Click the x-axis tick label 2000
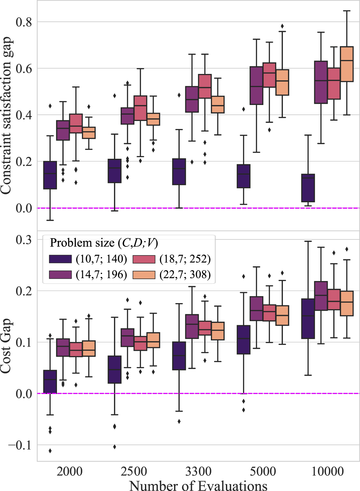(x=69, y=471)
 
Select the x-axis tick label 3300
(x=198, y=471)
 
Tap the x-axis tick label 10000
(x=327, y=471)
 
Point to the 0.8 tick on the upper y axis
(x=24, y=22)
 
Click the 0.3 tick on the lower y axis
(x=24, y=240)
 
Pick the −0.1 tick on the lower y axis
(x=20, y=445)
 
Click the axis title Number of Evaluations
(x=198, y=485)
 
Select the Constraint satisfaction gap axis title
(x=6, y=115)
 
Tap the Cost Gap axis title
(x=6, y=346)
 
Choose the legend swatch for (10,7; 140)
(x=60, y=259)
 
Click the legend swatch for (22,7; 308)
(x=144, y=275)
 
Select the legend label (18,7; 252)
(x=185, y=259)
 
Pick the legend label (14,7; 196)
(x=101, y=275)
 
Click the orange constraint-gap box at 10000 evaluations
(x=347, y=64)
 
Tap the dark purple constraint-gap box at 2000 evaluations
(x=50, y=175)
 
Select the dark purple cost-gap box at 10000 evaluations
(x=308, y=318)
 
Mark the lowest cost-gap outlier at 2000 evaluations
(x=50, y=451)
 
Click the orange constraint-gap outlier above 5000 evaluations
(x=282, y=26)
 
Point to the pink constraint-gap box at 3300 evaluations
(x=205, y=86)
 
